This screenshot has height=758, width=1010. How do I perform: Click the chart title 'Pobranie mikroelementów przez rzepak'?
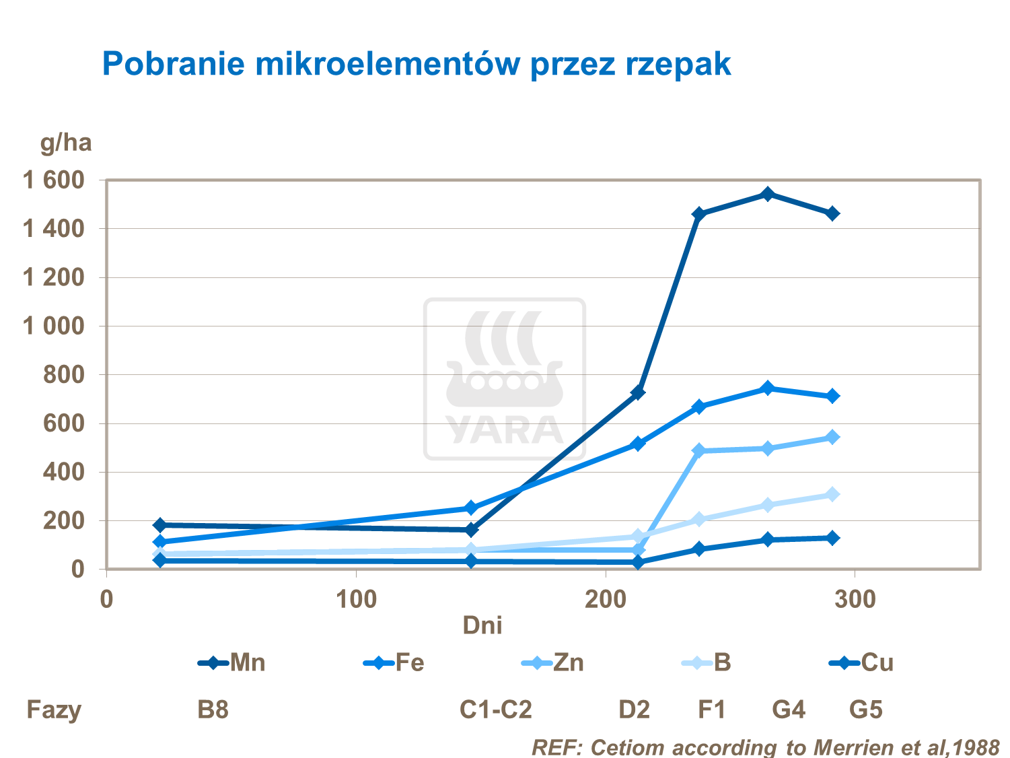pyautogui.click(x=416, y=65)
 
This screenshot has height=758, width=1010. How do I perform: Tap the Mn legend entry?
pyautogui.click(x=232, y=662)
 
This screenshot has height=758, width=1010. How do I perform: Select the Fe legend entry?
pyautogui.click(x=394, y=662)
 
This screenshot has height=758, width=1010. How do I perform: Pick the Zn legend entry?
pyautogui.click(x=553, y=662)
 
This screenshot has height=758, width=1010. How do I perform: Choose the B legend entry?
pyautogui.click(x=707, y=662)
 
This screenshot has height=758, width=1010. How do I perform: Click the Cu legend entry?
pyautogui.click(x=862, y=662)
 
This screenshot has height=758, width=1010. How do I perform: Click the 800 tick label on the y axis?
pyautogui.click(x=64, y=374)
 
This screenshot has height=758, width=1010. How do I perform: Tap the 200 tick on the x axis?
pyautogui.click(x=605, y=600)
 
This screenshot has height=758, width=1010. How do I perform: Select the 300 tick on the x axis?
pyautogui.click(x=855, y=600)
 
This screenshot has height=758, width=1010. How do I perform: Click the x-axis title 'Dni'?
pyautogui.click(x=482, y=625)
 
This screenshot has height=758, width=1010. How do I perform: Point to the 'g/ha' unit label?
pyautogui.click(x=66, y=143)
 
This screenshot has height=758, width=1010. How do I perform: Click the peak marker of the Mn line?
pyautogui.click(x=767, y=194)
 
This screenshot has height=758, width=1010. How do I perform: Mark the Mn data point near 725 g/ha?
pyautogui.click(x=638, y=392)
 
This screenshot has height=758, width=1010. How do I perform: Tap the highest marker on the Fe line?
pyautogui.click(x=767, y=388)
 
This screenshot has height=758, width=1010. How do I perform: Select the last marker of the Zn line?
pyautogui.click(x=832, y=438)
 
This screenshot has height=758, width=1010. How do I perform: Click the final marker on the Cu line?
pyautogui.click(x=832, y=538)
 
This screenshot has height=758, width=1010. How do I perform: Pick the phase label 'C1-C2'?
pyautogui.click(x=496, y=710)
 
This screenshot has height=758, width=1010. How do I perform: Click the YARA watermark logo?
pyautogui.click(x=505, y=379)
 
